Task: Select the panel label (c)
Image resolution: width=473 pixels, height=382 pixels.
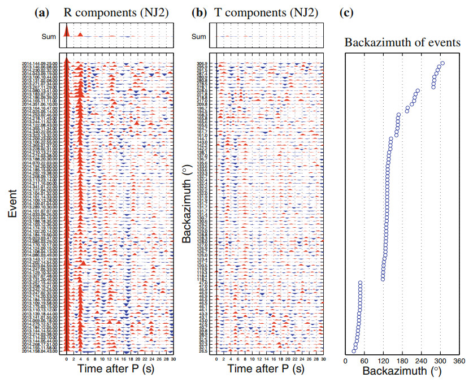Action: (x=351, y=12)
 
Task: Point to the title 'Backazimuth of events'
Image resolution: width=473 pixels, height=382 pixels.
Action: (x=402, y=43)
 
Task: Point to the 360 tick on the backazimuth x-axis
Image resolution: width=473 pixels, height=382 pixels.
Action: (x=459, y=359)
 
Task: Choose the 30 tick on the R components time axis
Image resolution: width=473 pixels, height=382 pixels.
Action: (x=173, y=359)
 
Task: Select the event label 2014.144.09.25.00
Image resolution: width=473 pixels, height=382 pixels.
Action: (x=41, y=63)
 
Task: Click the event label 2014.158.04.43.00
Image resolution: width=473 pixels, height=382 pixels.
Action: (x=41, y=351)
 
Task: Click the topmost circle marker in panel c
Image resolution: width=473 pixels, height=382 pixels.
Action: (x=442, y=63)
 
